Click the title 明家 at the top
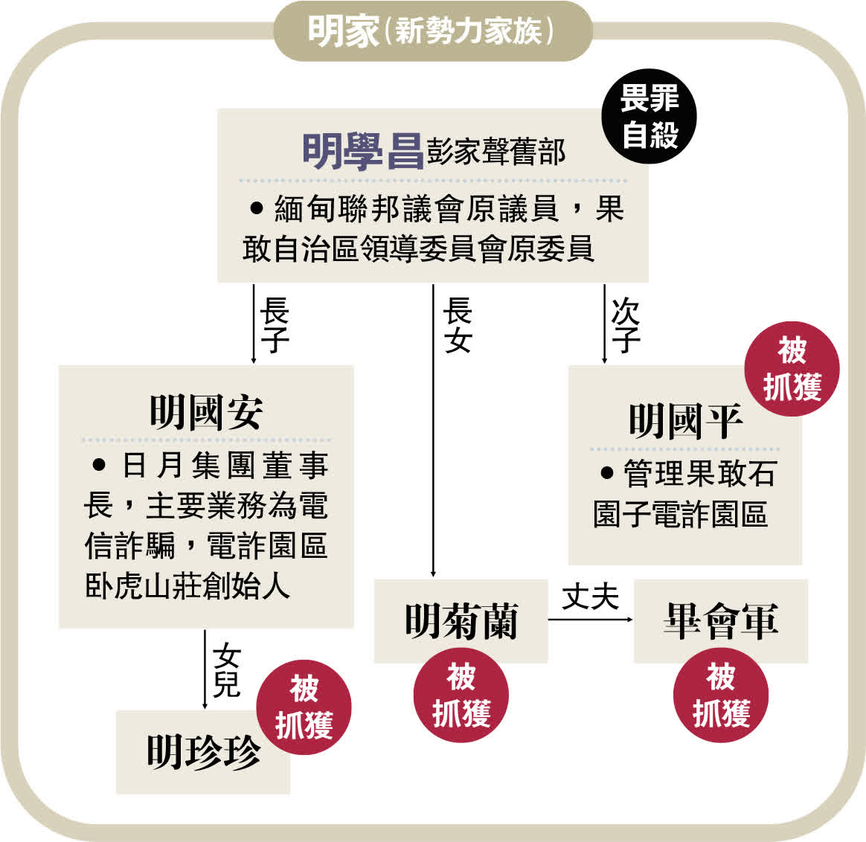point(343,32)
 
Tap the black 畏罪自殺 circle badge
point(649,117)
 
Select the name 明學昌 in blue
point(362,151)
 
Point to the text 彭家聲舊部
point(496,152)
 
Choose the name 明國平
point(685,421)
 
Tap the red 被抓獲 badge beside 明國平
point(792,369)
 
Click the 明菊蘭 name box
point(461,621)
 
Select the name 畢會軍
point(720,621)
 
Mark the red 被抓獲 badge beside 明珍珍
point(304,707)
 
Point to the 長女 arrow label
point(457,325)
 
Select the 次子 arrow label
point(625,325)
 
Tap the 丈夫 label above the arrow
point(591,597)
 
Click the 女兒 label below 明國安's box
point(226,670)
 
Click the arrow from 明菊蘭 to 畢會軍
point(591,619)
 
